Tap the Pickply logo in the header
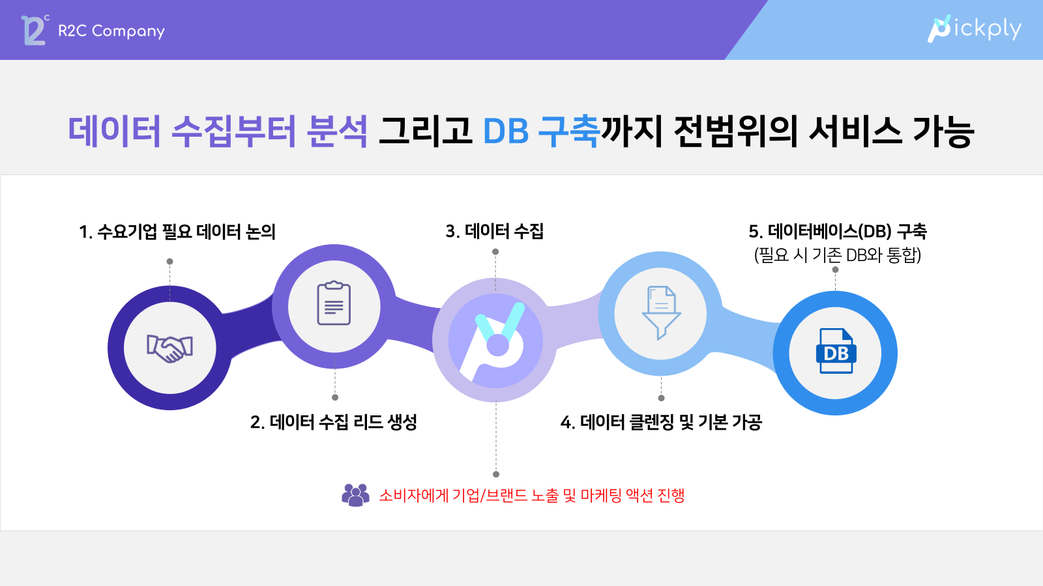[974, 29]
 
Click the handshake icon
[170, 348]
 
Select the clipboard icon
[334, 303]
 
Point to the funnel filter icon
[661, 313]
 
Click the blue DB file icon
[836, 351]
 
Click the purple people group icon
[355, 495]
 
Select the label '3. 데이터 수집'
[495, 231]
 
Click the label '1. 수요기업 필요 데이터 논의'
[177, 232]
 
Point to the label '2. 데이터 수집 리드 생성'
[333, 423]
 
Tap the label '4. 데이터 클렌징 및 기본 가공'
[661, 423]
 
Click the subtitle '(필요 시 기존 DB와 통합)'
[838, 255]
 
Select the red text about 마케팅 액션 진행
[532, 495]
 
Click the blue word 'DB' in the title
[506, 131]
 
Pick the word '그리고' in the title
[425, 131]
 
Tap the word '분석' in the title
[337, 131]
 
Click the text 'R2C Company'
[111, 31]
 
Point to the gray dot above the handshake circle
[170, 261]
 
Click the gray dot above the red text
[496, 475]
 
